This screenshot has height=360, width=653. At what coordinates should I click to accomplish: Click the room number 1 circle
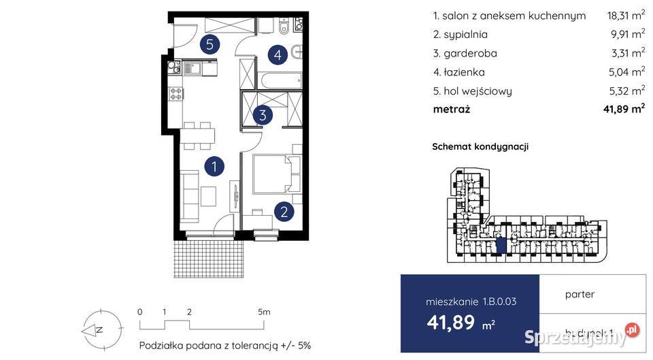214,165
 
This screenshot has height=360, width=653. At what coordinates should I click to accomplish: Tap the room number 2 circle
284,212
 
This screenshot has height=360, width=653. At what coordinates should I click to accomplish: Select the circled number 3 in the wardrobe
263,115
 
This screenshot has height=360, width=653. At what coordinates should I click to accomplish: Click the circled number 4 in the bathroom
275,53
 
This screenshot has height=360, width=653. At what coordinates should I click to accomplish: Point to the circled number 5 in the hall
211,45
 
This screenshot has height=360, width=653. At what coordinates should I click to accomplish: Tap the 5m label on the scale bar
264,312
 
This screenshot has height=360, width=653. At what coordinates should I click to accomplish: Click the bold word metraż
451,109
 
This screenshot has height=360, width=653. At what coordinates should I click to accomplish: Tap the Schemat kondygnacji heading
480,146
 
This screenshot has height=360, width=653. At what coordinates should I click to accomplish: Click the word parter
580,295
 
